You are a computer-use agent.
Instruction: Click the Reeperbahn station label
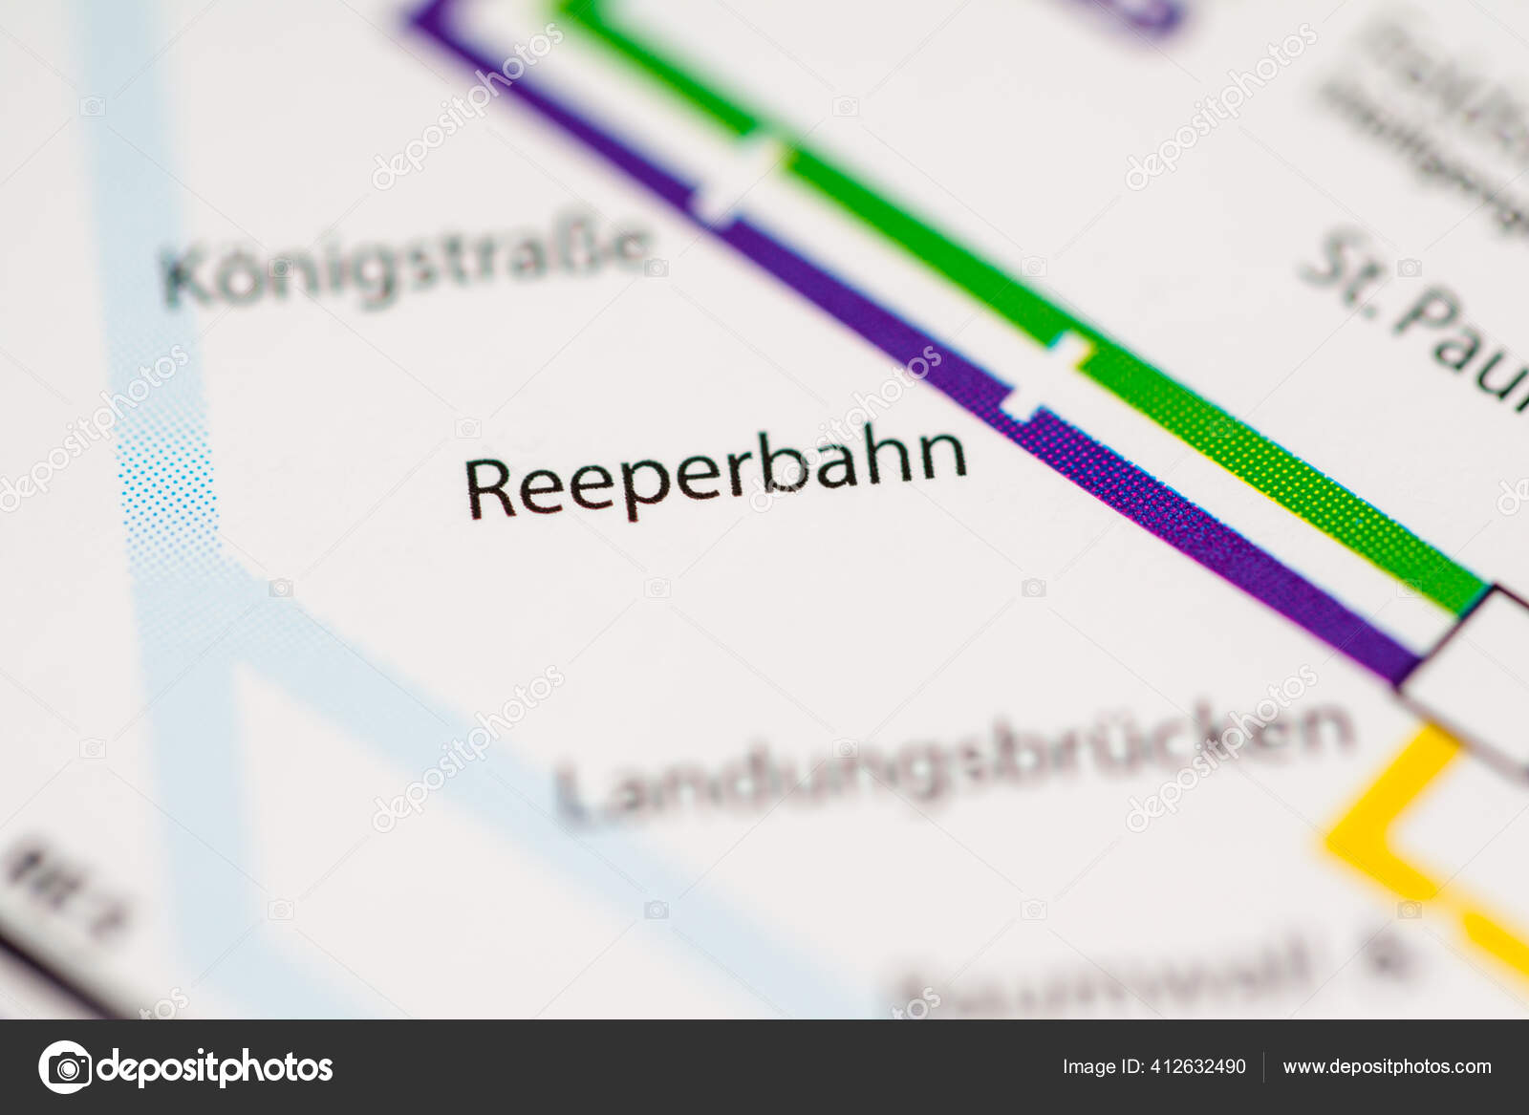pyautogui.click(x=716, y=473)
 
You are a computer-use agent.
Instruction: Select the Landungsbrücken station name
pyautogui.click(x=956, y=763)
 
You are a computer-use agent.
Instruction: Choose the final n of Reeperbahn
pyautogui.click(x=941, y=454)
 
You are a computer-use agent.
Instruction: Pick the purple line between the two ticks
pyautogui.click(x=860, y=306)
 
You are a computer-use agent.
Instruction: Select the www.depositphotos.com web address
pyautogui.click(x=1387, y=1066)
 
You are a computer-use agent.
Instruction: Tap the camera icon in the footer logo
pyautogui.click(x=65, y=1066)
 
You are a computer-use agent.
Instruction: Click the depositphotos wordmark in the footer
pyautogui.click(x=215, y=1066)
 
